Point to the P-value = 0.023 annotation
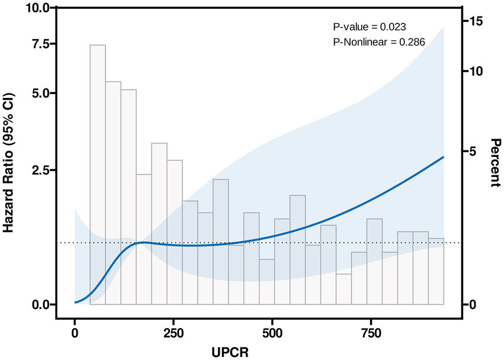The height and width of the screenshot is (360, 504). tap(368, 27)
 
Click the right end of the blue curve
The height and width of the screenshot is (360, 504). tap(443, 157)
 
